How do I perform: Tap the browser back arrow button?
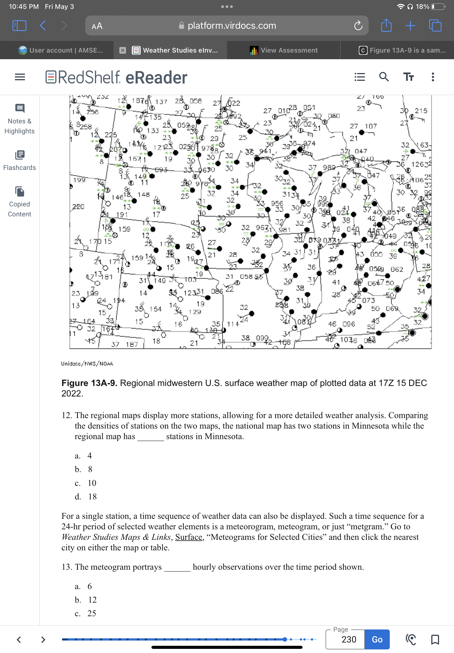(x=43, y=25)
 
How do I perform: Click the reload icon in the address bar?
(x=358, y=25)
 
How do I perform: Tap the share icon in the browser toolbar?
(x=386, y=25)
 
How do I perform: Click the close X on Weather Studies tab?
(x=122, y=50)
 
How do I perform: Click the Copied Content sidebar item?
(x=19, y=201)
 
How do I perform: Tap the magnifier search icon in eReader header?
(x=384, y=77)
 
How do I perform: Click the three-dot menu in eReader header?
(x=432, y=77)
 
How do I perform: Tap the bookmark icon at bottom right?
(x=435, y=639)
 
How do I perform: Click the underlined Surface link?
(x=189, y=537)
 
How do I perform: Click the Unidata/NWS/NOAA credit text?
(x=87, y=363)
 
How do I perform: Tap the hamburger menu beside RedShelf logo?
(x=20, y=77)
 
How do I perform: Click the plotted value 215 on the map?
(x=421, y=111)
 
